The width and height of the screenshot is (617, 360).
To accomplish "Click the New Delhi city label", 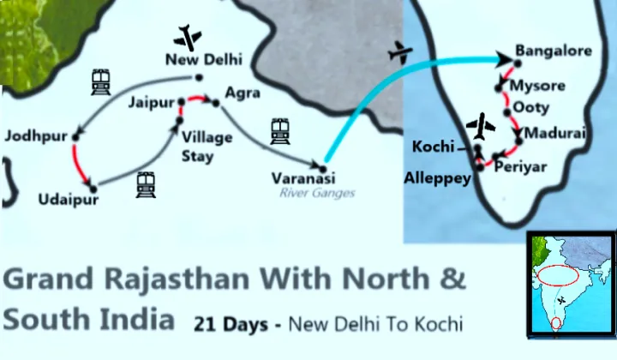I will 204,59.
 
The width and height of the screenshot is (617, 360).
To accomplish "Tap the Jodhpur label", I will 35,136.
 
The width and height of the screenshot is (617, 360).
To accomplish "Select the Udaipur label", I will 69,201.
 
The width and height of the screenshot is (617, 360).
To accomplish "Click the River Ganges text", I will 316,193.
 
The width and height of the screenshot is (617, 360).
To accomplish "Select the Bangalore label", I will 553,51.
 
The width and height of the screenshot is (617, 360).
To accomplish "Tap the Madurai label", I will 554,134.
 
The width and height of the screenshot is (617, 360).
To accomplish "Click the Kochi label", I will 433,147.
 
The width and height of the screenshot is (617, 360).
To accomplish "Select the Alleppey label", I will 438,178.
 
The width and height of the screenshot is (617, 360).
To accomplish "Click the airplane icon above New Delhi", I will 187,37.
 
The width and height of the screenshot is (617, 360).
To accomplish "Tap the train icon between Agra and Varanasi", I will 280,130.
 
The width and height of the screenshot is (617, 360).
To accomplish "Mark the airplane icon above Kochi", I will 481,126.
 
